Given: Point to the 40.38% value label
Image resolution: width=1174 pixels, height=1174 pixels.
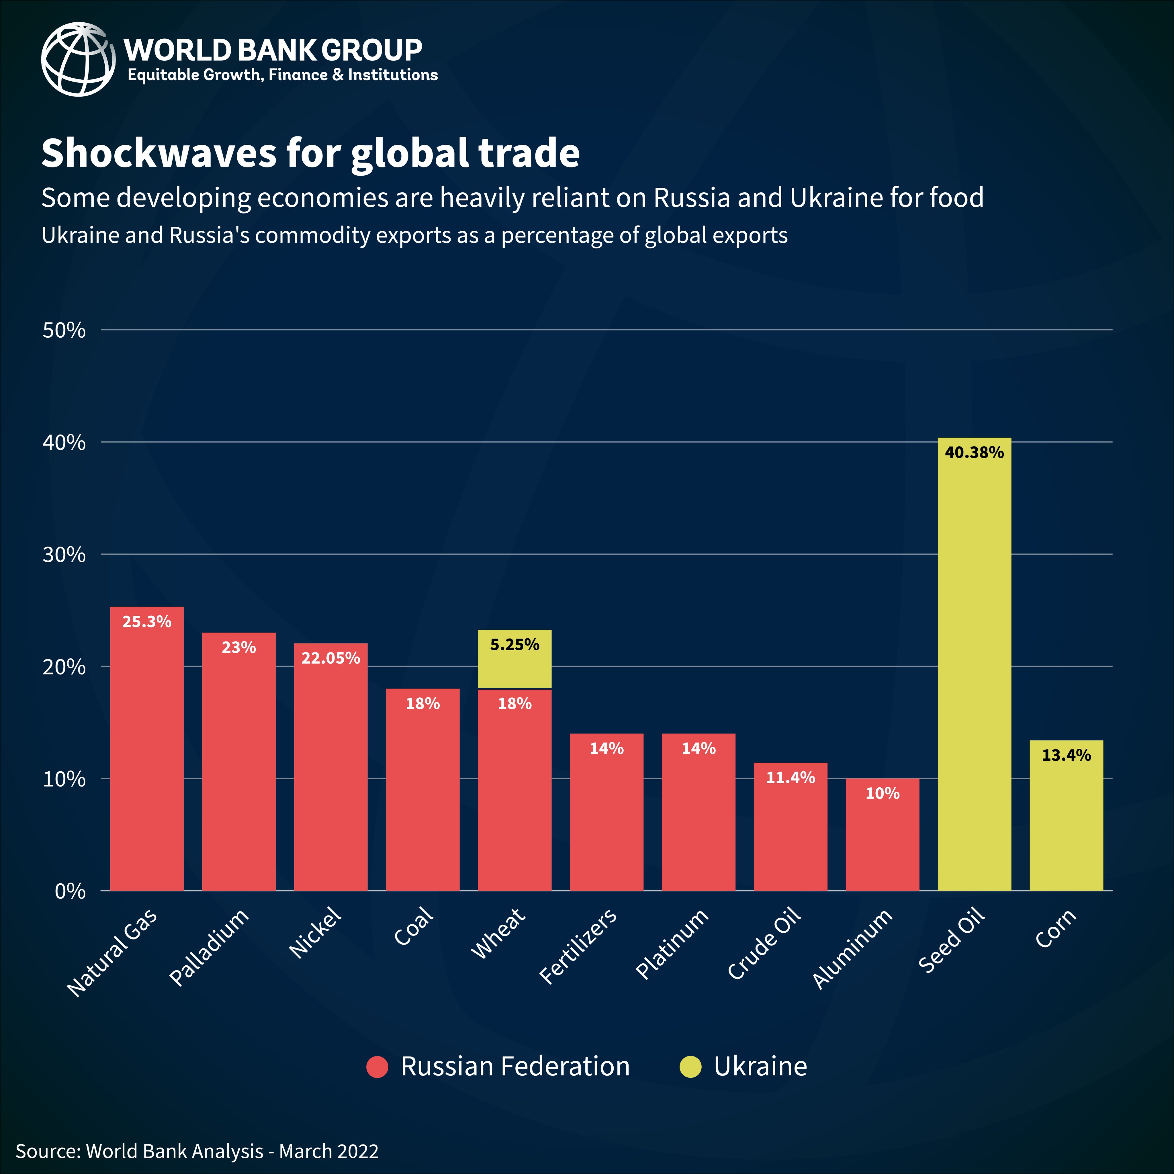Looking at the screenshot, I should (x=974, y=453).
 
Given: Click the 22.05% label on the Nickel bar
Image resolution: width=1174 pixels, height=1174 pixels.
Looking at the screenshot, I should (x=330, y=658).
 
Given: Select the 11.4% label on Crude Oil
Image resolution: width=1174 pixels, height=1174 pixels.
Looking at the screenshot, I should (x=790, y=778).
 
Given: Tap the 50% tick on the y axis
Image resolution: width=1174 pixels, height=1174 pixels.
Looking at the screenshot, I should (x=64, y=330).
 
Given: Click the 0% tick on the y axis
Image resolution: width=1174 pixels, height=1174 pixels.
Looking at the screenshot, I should (x=70, y=891).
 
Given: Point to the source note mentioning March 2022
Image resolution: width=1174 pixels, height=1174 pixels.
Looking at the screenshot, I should (x=197, y=1151).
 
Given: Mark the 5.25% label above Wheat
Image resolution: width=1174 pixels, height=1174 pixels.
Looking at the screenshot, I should (x=515, y=645).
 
